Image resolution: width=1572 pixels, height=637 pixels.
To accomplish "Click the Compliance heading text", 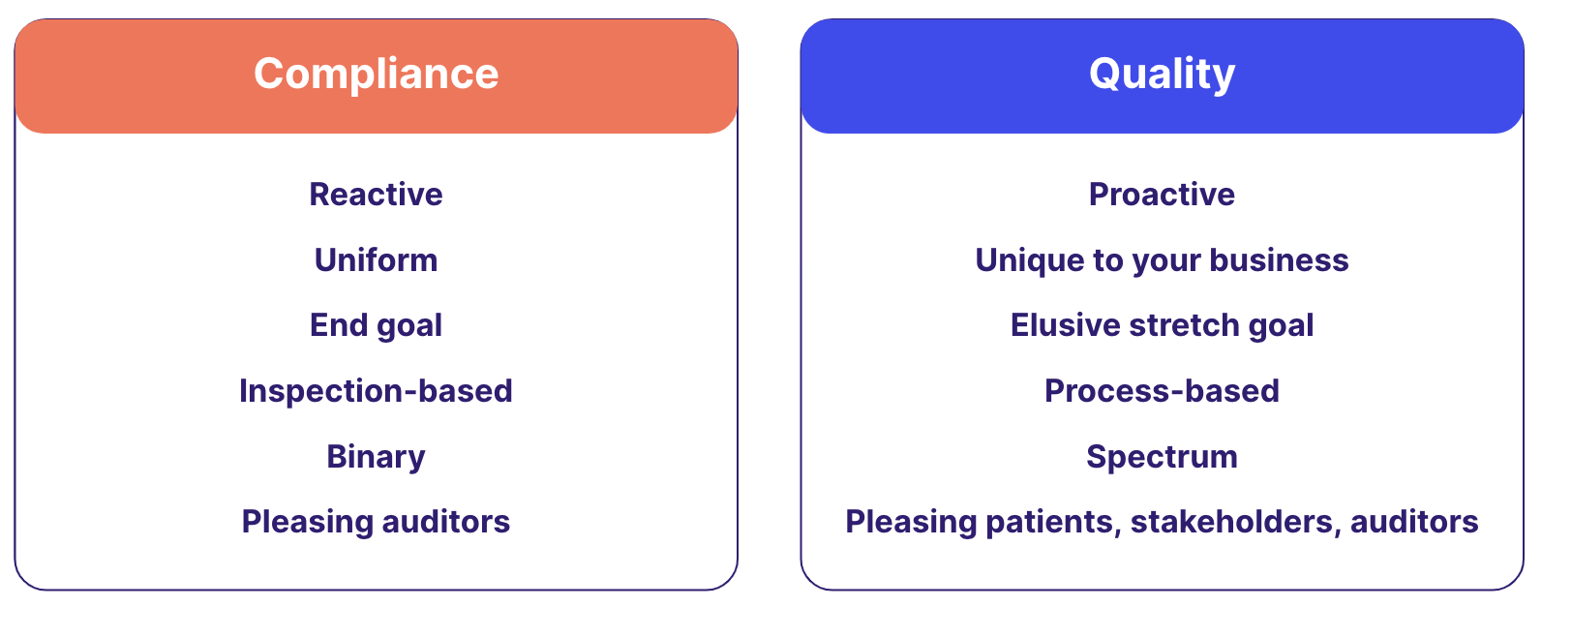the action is (x=377, y=75).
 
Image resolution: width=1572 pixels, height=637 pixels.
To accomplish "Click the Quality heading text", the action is (x=1163, y=75).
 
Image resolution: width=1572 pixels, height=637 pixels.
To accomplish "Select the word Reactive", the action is (x=377, y=195).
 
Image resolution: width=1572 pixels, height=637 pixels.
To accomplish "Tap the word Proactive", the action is (x=1163, y=195).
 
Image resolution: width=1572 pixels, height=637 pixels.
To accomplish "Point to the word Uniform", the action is (x=377, y=259).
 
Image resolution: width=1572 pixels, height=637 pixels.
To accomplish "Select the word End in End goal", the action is (x=339, y=325).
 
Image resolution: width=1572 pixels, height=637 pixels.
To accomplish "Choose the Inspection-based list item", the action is (x=377, y=391).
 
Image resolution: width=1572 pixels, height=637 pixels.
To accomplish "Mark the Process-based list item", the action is (x=1163, y=391).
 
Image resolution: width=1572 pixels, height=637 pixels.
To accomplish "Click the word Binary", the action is (x=377, y=457).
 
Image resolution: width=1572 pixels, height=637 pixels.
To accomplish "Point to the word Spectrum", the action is (x=1163, y=457).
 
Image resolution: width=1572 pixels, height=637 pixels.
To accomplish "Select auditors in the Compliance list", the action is (x=445, y=522).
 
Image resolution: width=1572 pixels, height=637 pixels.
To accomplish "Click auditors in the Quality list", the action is (x=1414, y=522).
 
